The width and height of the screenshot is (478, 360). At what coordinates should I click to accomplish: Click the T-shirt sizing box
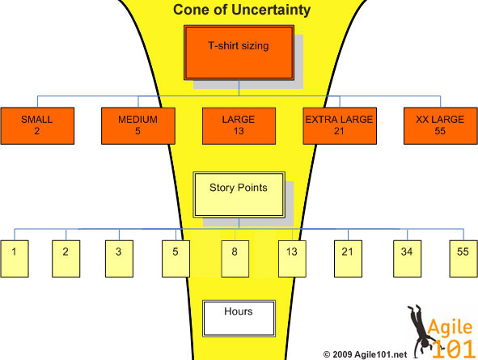pyautogui.click(x=239, y=53)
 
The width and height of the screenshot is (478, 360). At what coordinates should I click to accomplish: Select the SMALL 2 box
pyautogui.click(x=37, y=126)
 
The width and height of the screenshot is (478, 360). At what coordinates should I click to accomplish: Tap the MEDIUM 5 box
pyautogui.click(x=138, y=126)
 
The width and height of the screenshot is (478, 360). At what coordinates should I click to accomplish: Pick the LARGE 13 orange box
pyautogui.click(x=239, y=126)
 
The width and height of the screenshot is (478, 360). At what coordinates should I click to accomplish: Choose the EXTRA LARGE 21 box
pyautogui.click(x=340, y=126)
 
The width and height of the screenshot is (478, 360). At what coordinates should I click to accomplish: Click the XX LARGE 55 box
pyautogui.click(x=441, y=126)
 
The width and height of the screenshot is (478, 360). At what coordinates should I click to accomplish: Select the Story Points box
pyautogui.click(x=239, y=195)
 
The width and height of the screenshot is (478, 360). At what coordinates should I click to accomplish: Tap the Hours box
pyautogui.click(x=239, y=319)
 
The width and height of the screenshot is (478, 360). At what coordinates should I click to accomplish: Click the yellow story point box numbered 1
pyautogui.click(x=15, y=259)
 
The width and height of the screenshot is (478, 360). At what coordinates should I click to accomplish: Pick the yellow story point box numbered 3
pyautogui.click(x=119, y=259)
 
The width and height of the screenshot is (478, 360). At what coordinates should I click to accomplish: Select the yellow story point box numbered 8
pyautogui.click(x=235, y=259)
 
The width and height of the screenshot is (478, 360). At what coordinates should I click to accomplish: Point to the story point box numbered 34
pyautogui.click(x=408, y=259)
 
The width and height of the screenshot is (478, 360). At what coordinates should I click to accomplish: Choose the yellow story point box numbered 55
pyautogui.click(x=463, y=259)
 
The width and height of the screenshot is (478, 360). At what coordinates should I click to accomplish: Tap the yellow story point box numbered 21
pyautogui.click(x=348, y=259)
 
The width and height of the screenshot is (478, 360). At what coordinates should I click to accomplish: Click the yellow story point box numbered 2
pyautogui.click(x=66, y=259)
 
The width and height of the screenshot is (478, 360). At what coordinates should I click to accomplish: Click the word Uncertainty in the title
pyautogui.click(x=271, y=10)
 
